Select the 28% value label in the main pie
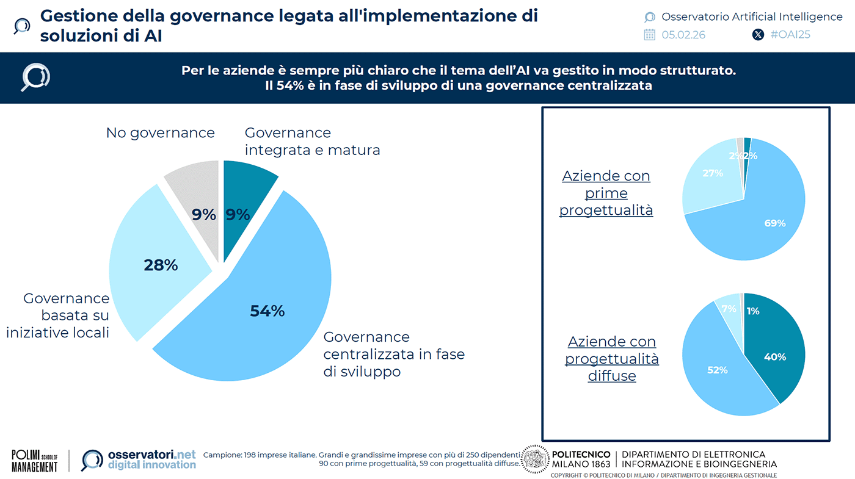click(161, 265)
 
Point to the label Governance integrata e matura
click(311, 141)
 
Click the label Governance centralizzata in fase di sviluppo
click(393, 354)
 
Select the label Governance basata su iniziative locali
click(59, 315)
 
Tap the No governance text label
click(160, 132)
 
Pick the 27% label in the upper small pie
click(712, 173)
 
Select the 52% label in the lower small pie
click(717, 370)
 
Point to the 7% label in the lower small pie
click(729, 309)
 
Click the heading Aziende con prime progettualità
click(606, 193)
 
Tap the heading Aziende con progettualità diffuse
click(611, 359)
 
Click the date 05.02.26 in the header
click(683, 35)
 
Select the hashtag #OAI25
click(790, 35)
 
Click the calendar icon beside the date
click(649, 35)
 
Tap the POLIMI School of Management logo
click(34, 461)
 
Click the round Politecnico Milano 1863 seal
click(536, 459)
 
